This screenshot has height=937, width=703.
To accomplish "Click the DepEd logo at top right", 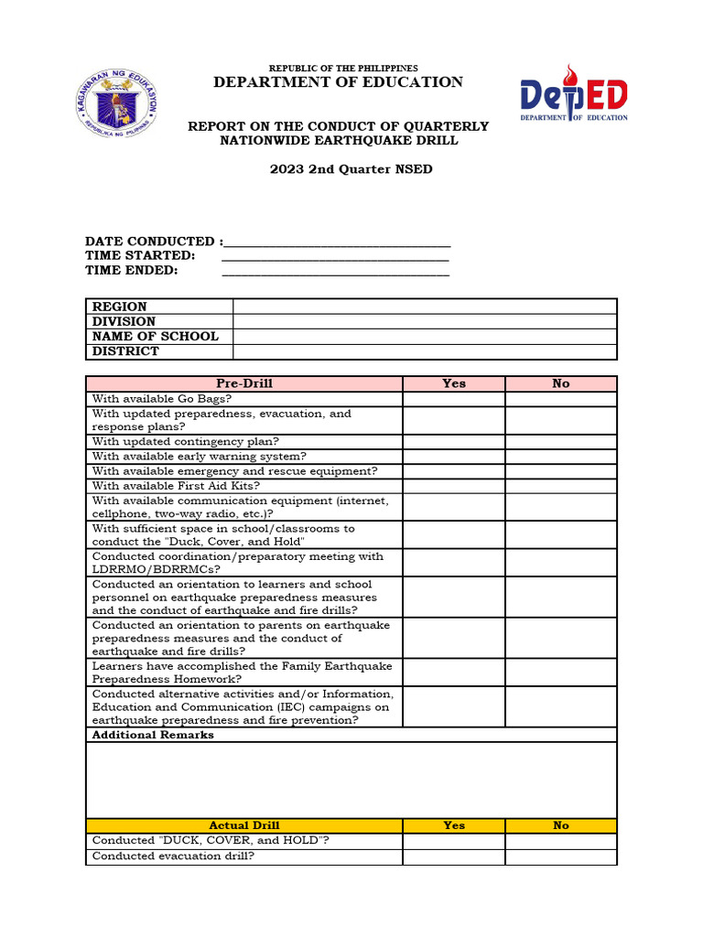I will [x=574, y=94].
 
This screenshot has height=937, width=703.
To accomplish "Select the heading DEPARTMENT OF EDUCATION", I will [x=338, y=82].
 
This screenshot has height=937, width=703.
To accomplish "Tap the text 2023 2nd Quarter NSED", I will [x=338, y=169].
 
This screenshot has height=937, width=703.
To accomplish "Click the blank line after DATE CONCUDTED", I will [x=337, y=242].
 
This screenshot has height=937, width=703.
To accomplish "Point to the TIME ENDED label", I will [x=132, y=270].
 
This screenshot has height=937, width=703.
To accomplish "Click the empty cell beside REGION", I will [x=425, y=307].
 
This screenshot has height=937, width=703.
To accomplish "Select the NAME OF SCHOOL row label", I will [x=156, y=336].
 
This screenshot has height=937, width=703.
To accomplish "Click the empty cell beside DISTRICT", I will [x=425, y=351].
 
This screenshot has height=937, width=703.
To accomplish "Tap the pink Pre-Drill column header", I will [x=244, y=383].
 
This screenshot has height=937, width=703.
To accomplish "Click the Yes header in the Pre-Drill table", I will [x=454, y=383].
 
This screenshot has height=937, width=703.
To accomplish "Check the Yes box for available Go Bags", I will [x=454, y=399].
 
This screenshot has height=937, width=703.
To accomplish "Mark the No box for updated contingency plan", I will [x=561, y=441].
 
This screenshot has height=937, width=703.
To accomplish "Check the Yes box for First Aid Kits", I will [x=454, y=486].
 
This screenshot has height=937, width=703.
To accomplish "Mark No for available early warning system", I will [x=561, y=456].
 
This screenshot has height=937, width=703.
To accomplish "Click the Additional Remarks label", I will [x=153, y=735].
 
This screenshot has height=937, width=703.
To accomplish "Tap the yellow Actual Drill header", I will [x=244, y=825].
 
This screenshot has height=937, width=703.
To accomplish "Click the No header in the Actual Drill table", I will [x=561, y=825].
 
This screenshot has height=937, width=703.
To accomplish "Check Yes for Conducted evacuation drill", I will [x=454, y=856].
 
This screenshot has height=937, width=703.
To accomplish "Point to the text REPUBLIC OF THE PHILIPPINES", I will [x=342, y=69].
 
